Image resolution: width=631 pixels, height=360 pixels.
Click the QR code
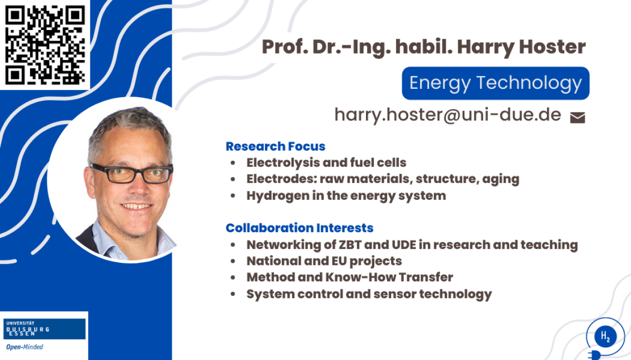coord(45,45)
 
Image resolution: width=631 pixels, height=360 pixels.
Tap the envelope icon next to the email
coord(577,118)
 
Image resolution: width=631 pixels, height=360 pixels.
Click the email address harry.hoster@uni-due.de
coord(447,115)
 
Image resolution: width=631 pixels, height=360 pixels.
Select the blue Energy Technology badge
coord(495,83)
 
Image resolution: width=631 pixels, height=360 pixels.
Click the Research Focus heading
coord(276,146)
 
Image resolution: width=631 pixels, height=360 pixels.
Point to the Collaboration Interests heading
coord(299,228)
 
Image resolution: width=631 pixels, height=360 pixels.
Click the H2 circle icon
coord(605,336)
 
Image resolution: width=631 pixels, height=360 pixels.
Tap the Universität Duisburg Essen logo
coord(45,329)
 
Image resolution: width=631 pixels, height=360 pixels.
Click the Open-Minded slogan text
coord(25,347)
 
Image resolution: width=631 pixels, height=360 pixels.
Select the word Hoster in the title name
coord(553,47)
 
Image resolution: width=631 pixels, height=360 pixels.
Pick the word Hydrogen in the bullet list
coord(278,196)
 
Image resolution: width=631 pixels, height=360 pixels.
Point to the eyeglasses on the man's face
coord(131,173)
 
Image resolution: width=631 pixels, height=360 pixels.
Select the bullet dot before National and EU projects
coord(232,261)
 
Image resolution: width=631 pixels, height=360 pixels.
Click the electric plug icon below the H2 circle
coord(594,355)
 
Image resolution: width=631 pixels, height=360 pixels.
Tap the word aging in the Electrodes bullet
coord(501,179)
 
